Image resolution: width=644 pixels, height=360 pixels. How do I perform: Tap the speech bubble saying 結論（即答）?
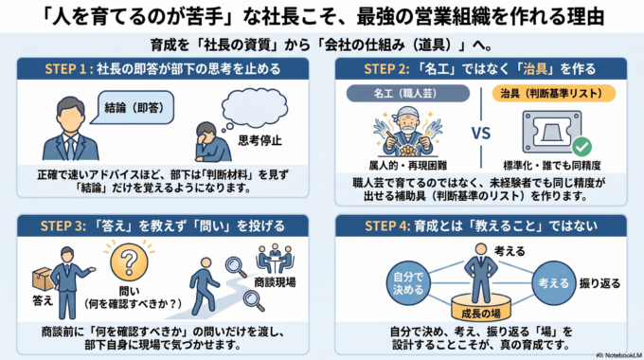tap(134, 108)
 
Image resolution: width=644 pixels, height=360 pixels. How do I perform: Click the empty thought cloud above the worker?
tap(255, 108)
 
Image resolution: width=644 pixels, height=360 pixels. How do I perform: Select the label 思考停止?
tap(260, 140)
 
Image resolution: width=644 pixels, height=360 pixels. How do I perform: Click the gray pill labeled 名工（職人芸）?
tap(408, 93)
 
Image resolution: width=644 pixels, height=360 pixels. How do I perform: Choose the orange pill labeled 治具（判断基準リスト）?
tap(554, 93)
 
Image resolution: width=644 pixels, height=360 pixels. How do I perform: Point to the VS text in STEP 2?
tap(481, 134)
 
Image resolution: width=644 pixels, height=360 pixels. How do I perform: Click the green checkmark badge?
tap(582, 146)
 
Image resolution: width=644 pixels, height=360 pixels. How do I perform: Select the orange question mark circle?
tap(129, 261)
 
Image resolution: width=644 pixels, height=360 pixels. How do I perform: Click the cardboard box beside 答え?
tap(43, 279)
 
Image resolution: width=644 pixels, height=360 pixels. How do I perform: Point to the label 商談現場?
tap(275, 282)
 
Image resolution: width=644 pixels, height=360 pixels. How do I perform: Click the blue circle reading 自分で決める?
tap(408, 283)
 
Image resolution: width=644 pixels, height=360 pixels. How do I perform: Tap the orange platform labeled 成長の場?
tap(481, 309)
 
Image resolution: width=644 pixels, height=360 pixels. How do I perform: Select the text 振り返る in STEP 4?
tap(599, 283)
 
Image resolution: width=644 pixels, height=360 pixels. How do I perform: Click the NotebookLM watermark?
tap(619, 355)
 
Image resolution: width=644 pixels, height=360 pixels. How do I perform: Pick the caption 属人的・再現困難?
tap(407, 166)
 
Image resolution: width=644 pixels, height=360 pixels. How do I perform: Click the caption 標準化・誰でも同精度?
tap(552, 166)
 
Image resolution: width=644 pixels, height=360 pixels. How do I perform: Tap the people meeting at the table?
tap(275, 259)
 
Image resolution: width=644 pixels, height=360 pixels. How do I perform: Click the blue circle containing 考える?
tap(554, 283)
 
